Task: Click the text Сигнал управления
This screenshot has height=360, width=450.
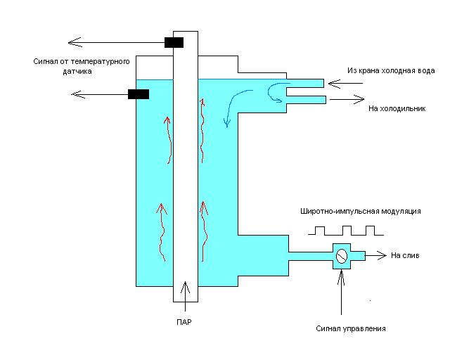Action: [x=350, y=328]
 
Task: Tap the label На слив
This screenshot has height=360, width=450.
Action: [x=405, y=256]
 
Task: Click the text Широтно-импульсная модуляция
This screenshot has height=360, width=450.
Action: [x=360, y=211]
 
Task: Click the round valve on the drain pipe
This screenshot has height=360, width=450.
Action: [x=340, y=257]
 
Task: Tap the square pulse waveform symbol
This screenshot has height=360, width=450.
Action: [x=345, y=231]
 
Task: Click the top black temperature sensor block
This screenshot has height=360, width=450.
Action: [x=174, y=42]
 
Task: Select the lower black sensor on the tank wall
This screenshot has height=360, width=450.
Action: [x=138, y=94]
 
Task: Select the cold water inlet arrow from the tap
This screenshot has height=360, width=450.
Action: [x=345, y=83]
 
